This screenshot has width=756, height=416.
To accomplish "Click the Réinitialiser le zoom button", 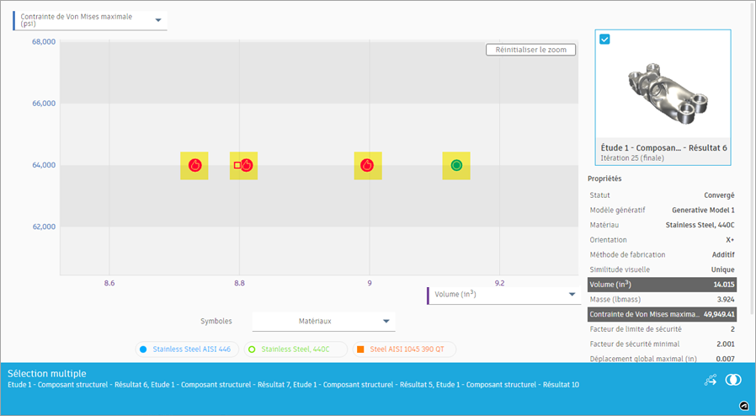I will click(x=530, y=50).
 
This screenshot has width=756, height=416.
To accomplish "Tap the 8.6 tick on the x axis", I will click(x=109, y=284).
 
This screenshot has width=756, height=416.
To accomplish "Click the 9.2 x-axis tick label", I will click(x=499, y=284).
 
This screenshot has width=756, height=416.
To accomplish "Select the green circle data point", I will click(x=456, y=165).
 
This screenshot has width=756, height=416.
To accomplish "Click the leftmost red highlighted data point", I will click(x=194, y=165).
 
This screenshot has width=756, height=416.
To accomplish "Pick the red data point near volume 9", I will click(x=367, y=165).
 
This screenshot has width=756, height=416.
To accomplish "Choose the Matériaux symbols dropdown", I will click(x=323, y=321).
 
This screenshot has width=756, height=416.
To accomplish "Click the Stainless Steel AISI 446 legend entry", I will click(x=188, y=349).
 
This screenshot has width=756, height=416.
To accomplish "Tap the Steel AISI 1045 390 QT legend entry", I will click(x=405, y=349).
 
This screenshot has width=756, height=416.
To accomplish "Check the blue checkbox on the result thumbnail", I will click(x=605, y=39).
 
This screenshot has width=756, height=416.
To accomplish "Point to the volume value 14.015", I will click(x=723, y=285).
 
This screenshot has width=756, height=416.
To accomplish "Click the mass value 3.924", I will click(x=726, y=300).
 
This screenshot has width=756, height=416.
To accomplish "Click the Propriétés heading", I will click(x=604, y=179).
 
